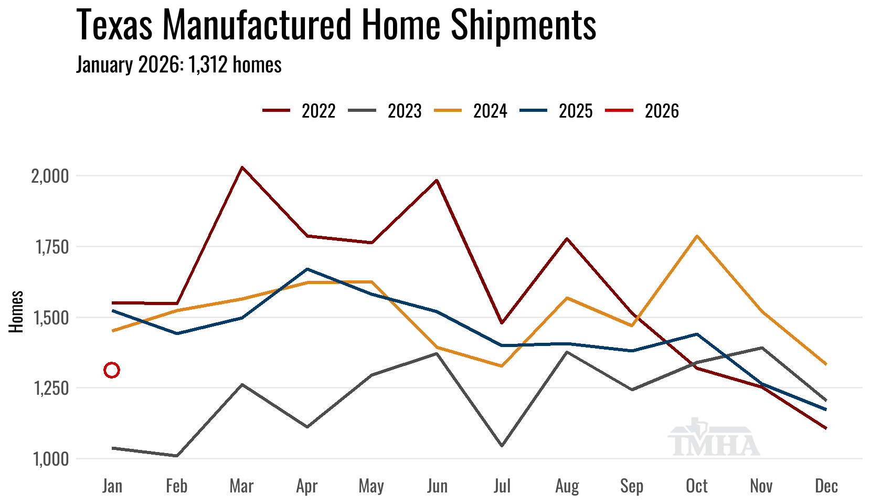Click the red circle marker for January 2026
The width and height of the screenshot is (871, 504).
coord(112,370)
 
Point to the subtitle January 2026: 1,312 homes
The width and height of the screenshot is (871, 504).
coord(179,65)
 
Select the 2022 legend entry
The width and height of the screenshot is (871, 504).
coord(299,111)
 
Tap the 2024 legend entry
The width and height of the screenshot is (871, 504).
coord(471,111)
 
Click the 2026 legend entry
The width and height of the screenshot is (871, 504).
coord(642,111)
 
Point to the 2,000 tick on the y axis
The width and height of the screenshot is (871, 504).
coord(50,176)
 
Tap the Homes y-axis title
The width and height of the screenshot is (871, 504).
coord(16,311)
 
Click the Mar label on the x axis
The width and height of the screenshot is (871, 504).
coord(241,486)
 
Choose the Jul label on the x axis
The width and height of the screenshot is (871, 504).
coord(502,486)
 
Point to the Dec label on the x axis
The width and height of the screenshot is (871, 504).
coord(826,486)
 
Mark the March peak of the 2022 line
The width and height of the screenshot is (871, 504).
coord(242,167)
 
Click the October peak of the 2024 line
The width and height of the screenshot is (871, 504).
coord(697,236)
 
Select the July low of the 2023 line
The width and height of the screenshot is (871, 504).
coord(502,446)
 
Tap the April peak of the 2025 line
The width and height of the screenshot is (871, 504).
coord(307,269)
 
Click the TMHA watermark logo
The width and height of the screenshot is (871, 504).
coord(714,438)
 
